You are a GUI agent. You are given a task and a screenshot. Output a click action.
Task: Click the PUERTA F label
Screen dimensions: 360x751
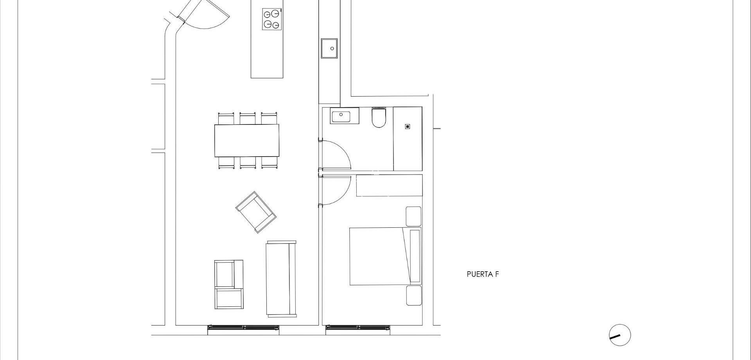pos(483,274)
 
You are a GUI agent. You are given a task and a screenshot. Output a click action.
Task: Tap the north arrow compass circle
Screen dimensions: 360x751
pos(620,335)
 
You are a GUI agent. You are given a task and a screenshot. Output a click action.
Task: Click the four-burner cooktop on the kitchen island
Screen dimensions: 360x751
pos(271,19)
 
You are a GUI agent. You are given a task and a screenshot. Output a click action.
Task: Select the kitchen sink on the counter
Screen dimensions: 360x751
pos(329,49)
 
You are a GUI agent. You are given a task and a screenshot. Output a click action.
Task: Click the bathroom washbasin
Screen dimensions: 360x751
pos(345,115)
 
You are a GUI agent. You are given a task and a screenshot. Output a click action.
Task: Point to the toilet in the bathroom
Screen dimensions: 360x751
pos(379,118)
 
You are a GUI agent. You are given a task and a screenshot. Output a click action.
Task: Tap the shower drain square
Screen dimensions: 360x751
pos(408,126)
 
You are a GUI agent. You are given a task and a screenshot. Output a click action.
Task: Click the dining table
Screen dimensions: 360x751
pos(247,140)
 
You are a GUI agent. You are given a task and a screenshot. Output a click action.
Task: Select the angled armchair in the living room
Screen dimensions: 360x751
pos(256,212)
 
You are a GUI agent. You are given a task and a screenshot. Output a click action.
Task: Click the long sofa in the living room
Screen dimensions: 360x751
pos(281,279)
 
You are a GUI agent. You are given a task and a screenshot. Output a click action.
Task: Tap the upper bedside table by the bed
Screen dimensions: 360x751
pos(413,216)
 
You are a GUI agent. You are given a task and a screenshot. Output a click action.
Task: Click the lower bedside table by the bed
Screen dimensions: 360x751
pos(413,295)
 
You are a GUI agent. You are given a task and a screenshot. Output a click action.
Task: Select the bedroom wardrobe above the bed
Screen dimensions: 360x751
pos(389,185)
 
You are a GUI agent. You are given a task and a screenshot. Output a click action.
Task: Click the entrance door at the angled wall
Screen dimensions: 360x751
pos(203,14)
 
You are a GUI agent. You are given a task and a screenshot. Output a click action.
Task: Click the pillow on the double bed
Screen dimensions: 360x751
pos(414,256)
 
